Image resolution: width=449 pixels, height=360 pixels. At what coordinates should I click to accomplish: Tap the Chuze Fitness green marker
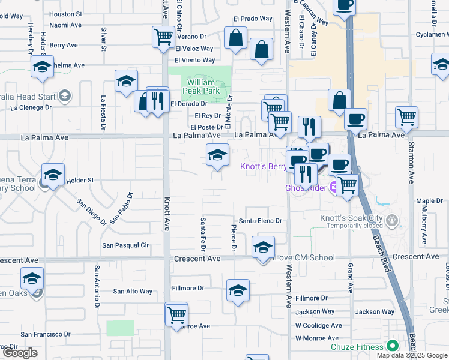393,346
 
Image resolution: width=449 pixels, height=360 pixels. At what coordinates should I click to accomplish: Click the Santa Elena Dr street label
260,221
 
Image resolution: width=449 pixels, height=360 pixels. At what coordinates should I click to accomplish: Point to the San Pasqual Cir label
125,245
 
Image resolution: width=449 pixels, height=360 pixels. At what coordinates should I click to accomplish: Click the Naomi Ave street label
65,25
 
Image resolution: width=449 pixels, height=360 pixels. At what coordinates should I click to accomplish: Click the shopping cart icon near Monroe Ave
176,314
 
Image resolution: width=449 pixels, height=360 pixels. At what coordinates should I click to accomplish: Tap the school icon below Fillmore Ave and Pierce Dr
238,290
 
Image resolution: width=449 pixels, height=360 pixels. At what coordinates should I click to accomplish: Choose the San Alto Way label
133,292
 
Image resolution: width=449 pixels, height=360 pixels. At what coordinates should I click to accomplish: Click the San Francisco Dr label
47,334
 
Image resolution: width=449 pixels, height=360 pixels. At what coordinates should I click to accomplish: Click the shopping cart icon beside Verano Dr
163,37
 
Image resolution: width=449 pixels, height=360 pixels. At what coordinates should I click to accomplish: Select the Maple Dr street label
429,201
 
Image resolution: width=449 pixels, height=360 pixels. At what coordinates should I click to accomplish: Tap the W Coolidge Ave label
318,325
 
